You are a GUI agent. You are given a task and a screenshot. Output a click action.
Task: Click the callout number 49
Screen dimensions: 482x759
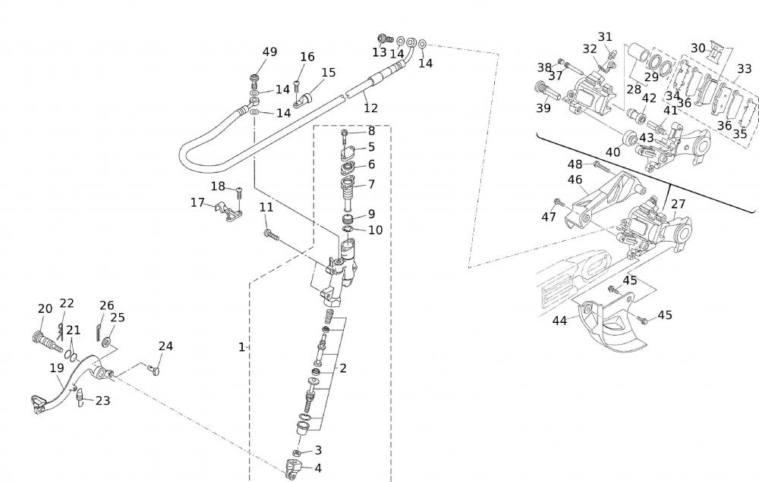point(269,52)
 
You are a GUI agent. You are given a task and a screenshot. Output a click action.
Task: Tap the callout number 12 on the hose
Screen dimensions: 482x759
point(370,108)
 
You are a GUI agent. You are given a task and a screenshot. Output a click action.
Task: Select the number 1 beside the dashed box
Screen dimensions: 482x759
point(241,347)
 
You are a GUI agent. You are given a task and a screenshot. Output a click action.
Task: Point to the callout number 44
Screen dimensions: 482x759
point(559,321)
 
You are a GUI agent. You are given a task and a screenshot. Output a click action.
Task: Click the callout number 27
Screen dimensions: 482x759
point(678,204)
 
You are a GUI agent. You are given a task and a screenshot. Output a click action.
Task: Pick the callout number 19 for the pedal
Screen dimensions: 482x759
point(56,368)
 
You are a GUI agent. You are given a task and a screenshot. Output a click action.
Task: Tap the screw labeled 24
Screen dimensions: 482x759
point(156,370)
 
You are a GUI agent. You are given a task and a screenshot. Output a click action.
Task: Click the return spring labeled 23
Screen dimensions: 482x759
point(80,397)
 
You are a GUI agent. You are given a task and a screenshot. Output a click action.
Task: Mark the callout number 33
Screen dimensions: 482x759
point(744,68)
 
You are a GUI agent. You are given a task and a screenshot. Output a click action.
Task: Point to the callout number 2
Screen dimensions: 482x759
point(343,368)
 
